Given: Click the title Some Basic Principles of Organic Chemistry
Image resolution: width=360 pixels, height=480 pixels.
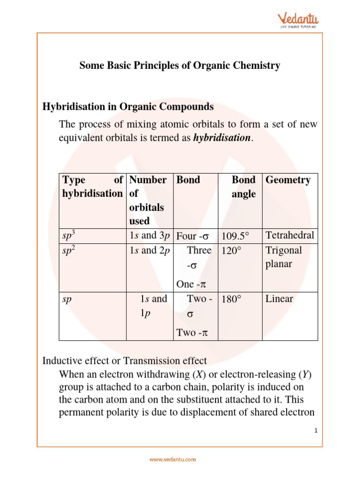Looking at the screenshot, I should (180, 66).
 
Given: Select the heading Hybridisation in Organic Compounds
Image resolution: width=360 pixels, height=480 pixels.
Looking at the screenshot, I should (128, 107).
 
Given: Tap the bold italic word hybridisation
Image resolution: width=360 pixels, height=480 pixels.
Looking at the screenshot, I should (222, 138).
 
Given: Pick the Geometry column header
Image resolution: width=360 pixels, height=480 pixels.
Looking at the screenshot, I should (288, 180).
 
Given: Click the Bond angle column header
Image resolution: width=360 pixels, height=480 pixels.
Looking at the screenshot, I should (244, 187).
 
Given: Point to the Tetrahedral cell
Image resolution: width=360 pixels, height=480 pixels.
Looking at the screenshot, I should (290, 235).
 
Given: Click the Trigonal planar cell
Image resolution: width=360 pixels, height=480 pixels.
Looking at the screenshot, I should (284, 257).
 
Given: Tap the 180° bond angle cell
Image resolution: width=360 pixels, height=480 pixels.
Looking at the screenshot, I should (232, 299).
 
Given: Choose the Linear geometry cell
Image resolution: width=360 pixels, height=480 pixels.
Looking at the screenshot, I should (279, 299).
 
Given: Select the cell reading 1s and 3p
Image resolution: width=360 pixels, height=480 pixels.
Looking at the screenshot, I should (150, 236).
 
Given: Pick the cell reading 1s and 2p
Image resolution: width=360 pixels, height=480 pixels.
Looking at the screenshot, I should (150, 250).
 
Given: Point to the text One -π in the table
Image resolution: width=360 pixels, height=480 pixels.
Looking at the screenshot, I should (191, 284).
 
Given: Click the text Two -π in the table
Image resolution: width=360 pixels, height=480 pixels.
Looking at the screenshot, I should (191, 333).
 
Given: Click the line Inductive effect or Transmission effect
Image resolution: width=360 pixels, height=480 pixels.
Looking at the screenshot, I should (124, 361).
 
